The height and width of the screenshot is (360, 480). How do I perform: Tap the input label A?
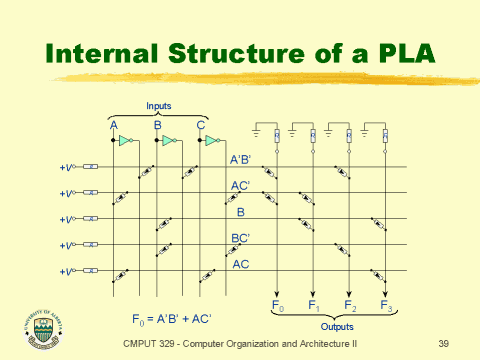(114, 125)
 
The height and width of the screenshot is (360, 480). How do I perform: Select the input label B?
(158, 125)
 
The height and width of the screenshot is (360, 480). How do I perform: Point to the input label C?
(201, 125)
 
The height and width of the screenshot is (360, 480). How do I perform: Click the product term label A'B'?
(241, 160)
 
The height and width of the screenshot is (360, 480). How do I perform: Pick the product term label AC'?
(240, 186)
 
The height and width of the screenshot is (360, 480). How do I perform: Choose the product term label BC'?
(240, 238)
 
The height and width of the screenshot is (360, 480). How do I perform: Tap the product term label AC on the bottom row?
(241, 264)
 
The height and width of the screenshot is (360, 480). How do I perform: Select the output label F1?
(314, 304)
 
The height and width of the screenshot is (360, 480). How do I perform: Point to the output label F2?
(349, 304)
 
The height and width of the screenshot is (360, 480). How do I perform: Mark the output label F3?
(385, 304)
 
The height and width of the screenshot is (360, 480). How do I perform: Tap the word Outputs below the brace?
(336, 326)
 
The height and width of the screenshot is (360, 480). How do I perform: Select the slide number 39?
(444, 343)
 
